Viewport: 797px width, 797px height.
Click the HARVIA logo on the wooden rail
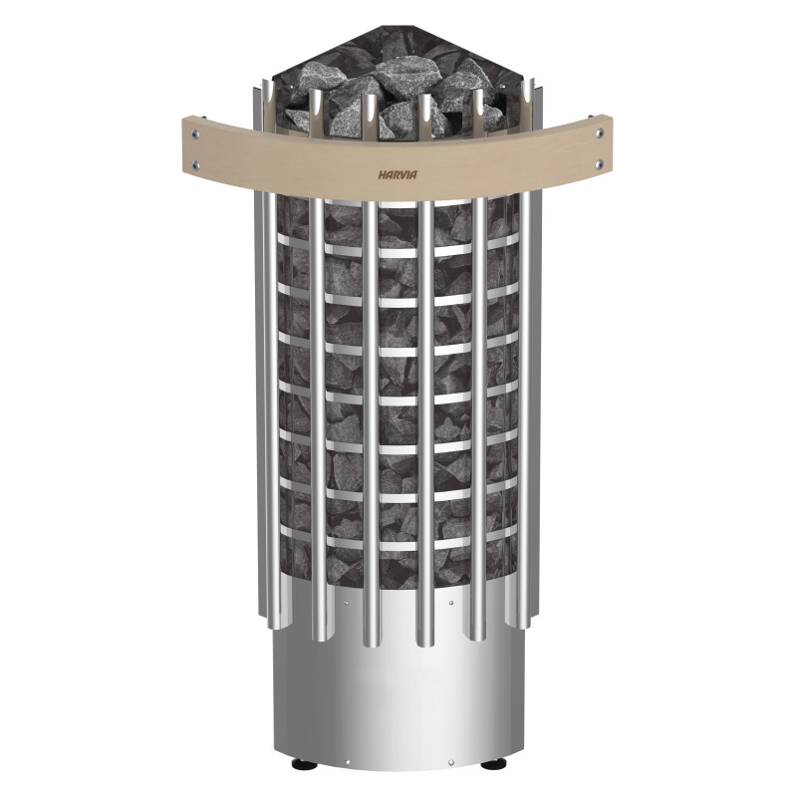pos(398,172)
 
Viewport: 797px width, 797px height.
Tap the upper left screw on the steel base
pos(346,604)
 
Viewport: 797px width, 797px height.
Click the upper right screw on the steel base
pos(451,604)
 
